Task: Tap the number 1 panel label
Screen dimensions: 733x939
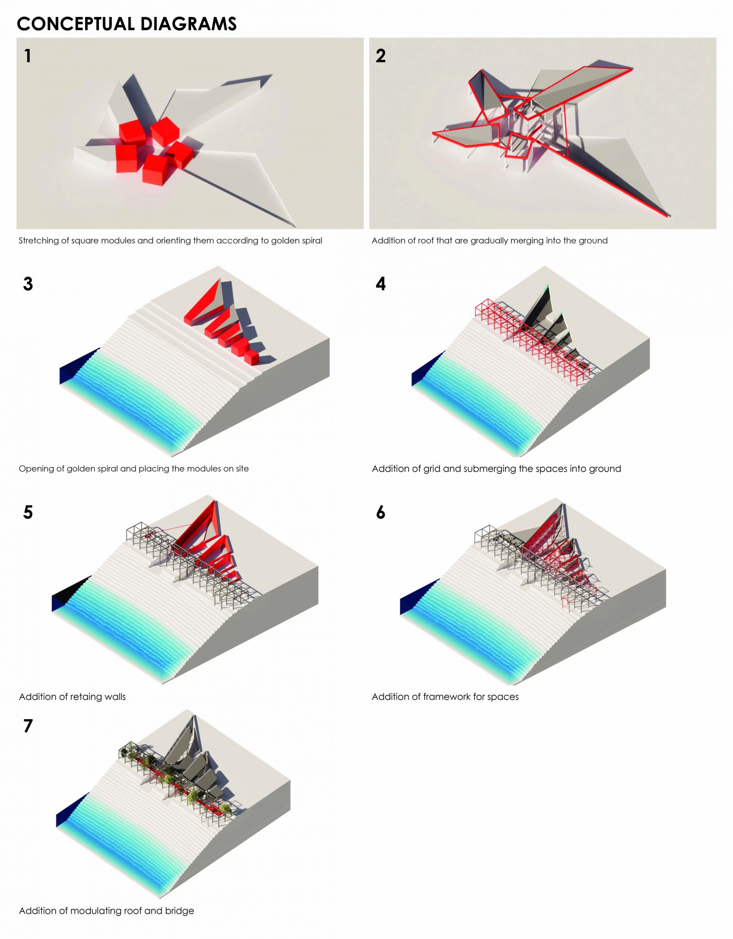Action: (x=28, y=56)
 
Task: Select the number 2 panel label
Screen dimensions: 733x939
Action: (x=381, y=56)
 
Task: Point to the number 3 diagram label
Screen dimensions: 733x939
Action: (x=28, y=284)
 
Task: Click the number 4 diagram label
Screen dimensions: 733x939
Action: (x=381, y=284)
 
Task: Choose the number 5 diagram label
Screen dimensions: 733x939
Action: (x=28, y=512)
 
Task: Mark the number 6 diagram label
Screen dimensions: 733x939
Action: (x=381, y=512)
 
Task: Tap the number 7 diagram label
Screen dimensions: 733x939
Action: (x=28, y=726)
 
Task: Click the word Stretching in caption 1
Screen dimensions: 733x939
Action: (x=39, y=241)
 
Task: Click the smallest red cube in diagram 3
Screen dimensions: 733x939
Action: (x=252, y=358)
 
